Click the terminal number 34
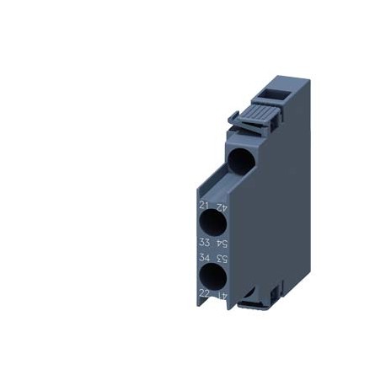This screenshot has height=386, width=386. point(203,257)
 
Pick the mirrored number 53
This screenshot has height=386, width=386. point(223,257)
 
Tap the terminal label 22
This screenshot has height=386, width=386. point(203,292)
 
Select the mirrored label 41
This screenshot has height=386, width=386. point(223,292)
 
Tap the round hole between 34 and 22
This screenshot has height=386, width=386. point(213,276)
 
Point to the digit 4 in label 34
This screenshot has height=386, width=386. point(206,257)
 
